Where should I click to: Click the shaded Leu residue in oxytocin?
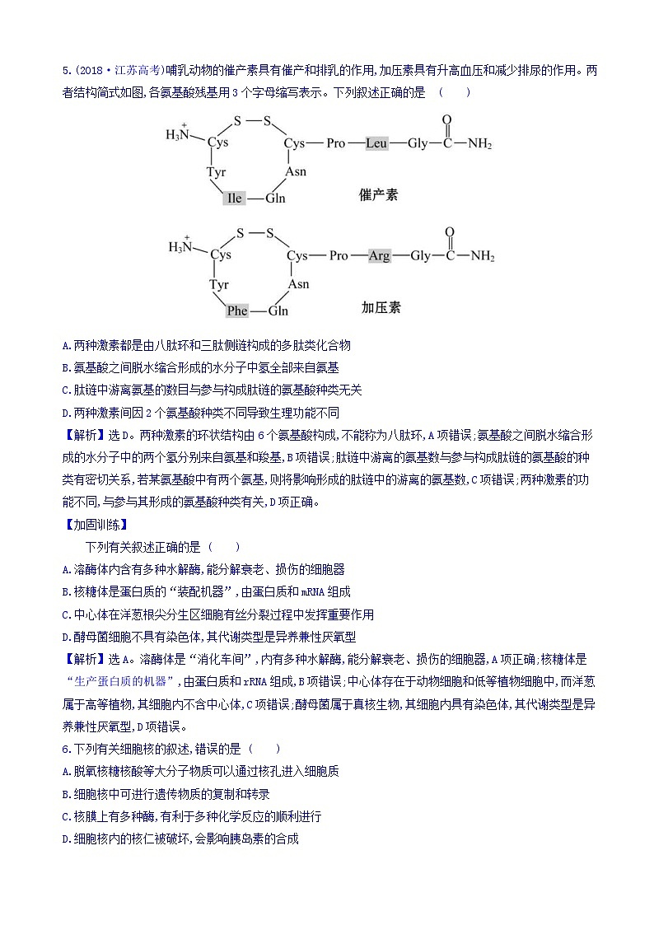(x=376, y=143)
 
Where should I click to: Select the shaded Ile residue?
(x=235, y=199)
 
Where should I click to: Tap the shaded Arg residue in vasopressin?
(x=379, y=255)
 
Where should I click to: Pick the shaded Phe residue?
(x=237, y=311)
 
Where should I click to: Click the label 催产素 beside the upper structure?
(x=379, y=195)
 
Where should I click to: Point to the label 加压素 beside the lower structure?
(x=381, y=307)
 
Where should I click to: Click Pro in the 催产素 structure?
(x=335, y=143)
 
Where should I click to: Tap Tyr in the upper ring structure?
(x=216, y=172)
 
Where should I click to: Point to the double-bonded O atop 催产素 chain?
(x=447, y=120)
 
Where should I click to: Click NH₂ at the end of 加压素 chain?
(x=482, y=256)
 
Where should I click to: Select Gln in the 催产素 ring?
(x=275, y=199)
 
